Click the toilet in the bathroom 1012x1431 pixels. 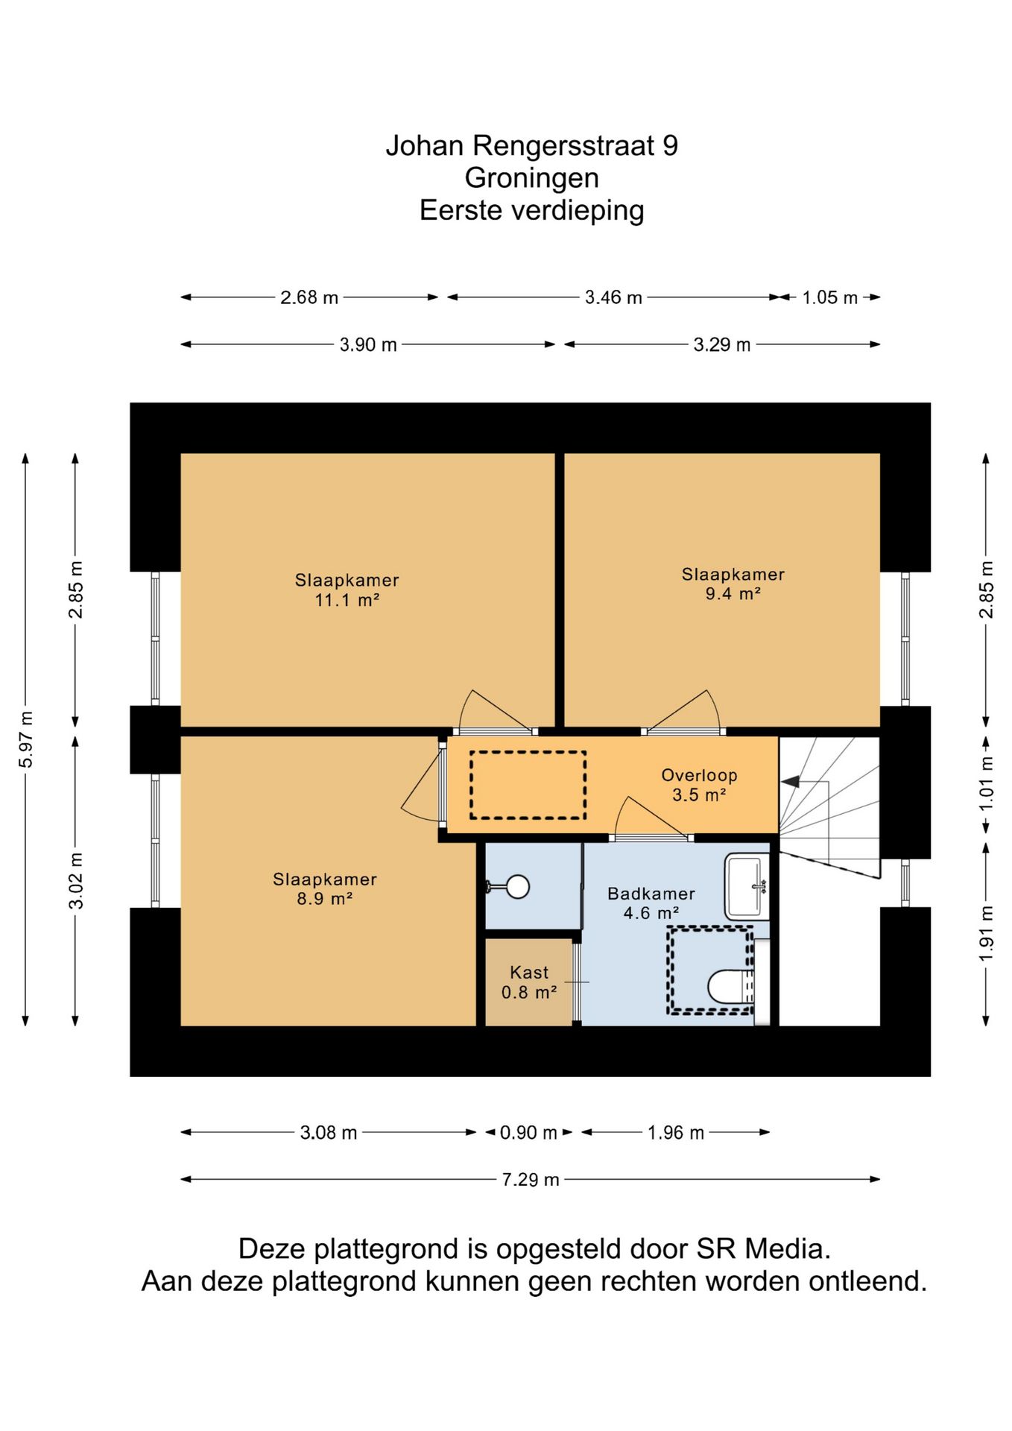point(730,987)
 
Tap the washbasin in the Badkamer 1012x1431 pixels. point(747,886)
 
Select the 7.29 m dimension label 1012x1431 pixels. point(530,1180)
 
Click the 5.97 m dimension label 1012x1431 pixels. point(26,739)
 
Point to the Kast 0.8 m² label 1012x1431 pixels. point(529,982)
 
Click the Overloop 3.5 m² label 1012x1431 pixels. point(699,785)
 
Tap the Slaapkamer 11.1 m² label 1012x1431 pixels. point(347,590)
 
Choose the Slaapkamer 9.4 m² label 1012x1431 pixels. point(733,584)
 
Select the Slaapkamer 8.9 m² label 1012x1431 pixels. point(324,888)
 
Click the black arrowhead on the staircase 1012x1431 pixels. point(790,781)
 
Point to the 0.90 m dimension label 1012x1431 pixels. point(528,1133)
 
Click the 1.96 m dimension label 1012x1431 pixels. point(675,1133)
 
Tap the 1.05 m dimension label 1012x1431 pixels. point(829,297)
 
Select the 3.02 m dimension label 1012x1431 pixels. point(76,880)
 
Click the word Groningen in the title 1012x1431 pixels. point(531,178)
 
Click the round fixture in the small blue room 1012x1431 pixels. point(517,886)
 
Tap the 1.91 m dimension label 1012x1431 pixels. point(986,933)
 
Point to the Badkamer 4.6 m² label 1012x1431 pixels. point(651,903)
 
